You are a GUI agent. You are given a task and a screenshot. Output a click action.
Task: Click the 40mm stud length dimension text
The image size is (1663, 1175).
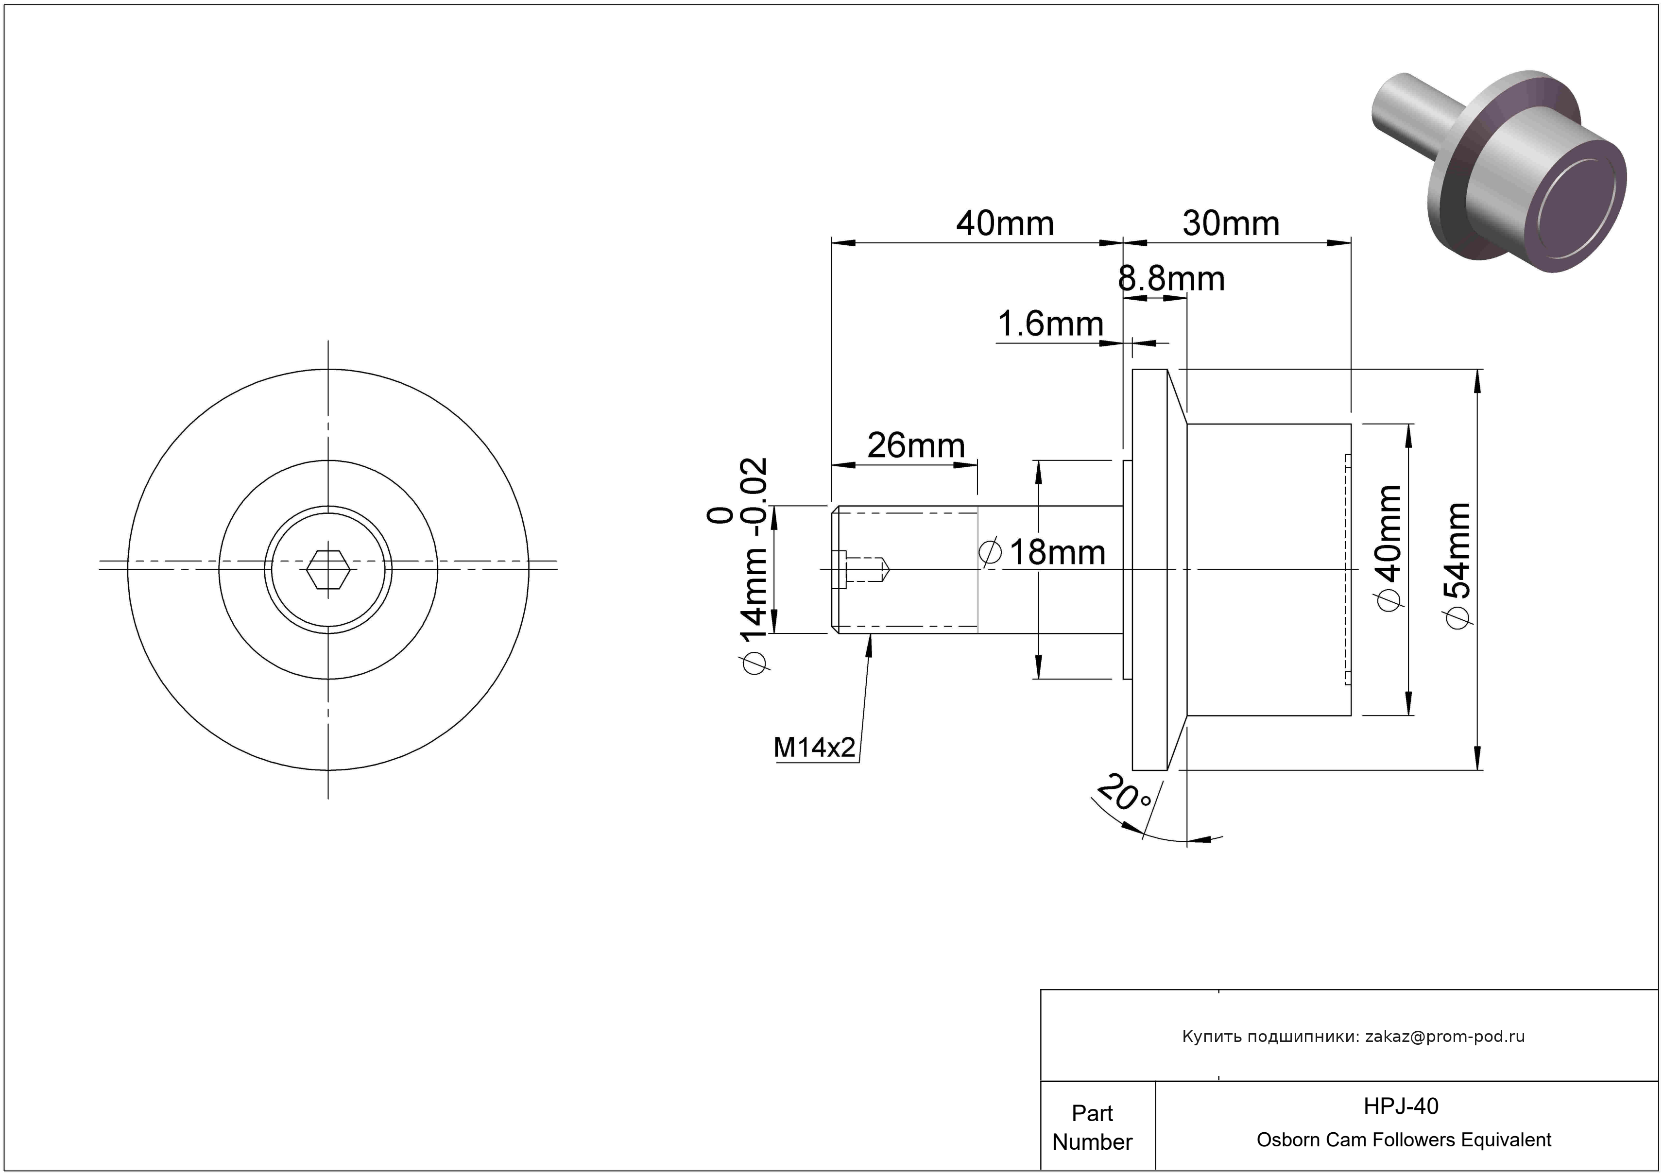click(x=1005, y=224)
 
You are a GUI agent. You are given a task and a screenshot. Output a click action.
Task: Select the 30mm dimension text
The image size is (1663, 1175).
click(x=1231, y=224)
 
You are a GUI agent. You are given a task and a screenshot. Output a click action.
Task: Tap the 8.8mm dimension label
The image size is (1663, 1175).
click(x=1171, y=279)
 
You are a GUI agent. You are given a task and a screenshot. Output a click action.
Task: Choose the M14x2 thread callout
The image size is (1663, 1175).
click(x=814, y=747)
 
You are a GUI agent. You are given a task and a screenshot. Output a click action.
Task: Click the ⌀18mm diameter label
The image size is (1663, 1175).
click(x=1043, y=553)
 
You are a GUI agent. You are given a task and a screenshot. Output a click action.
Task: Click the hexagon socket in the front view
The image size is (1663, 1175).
click(x=328, y=570)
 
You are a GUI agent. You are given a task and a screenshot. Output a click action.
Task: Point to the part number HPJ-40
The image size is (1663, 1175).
click(x=1401, y=1106)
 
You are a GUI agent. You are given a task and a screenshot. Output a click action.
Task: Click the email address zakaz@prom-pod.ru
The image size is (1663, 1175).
click(x=1444, y=1036)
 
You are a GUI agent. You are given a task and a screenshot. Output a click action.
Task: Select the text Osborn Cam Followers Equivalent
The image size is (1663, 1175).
click(x=1404, y=1140)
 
